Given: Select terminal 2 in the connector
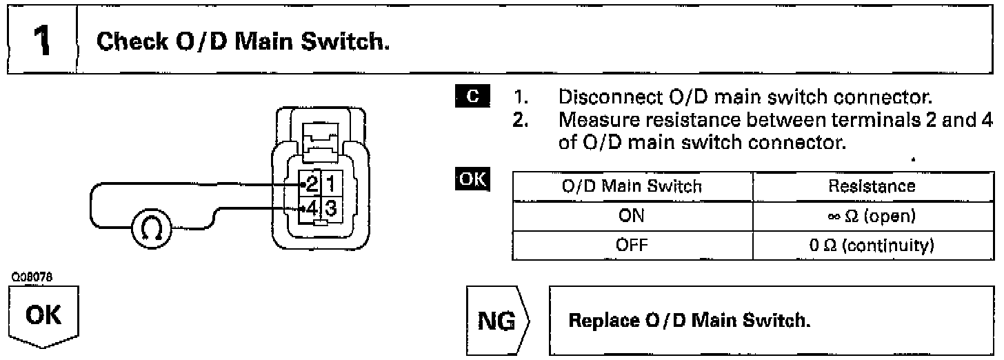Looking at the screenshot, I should click(x=312, y=184).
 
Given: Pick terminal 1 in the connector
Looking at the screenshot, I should click(x=330, y=184).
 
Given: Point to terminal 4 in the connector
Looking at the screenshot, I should click(x=312, y=206).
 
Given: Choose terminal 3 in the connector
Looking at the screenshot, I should click(x=330, y=206).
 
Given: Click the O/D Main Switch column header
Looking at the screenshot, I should click(x=631, y=186).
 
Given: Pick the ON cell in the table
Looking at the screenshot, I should click(x=631, y=216).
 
